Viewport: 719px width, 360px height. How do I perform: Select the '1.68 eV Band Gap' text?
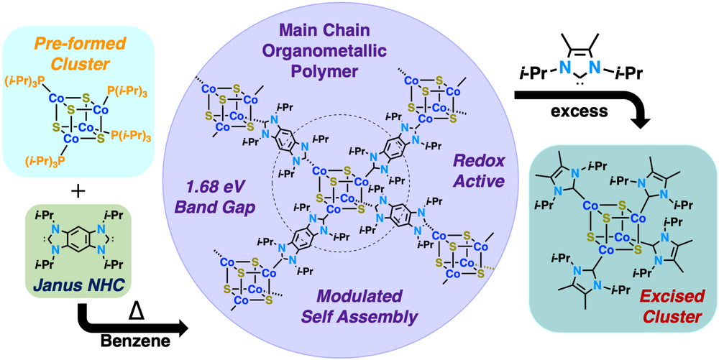[x=214, y=198]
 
